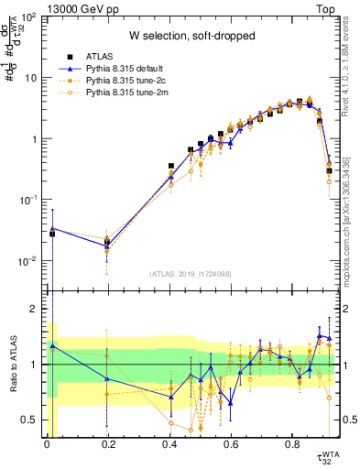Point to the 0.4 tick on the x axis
pos(170,447)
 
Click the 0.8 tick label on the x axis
pos(293,447)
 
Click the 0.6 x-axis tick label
pos(232,447)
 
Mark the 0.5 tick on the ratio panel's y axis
pos(33,420)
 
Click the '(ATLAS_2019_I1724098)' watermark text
pos(191,274)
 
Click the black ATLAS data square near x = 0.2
pos(108,242)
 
